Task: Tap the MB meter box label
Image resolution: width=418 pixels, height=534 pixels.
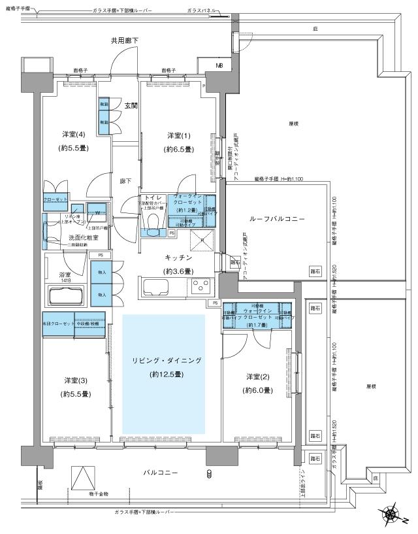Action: coord(219,65)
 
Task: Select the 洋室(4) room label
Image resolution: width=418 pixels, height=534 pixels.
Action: coord(76,135)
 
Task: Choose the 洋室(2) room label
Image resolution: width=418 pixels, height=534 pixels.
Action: coord(259,377)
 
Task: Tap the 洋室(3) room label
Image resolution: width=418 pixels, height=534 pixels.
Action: coord(76,380)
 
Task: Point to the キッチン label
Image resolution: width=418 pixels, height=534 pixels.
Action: coord(177,258)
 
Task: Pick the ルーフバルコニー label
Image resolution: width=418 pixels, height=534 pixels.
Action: coord(276,219)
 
